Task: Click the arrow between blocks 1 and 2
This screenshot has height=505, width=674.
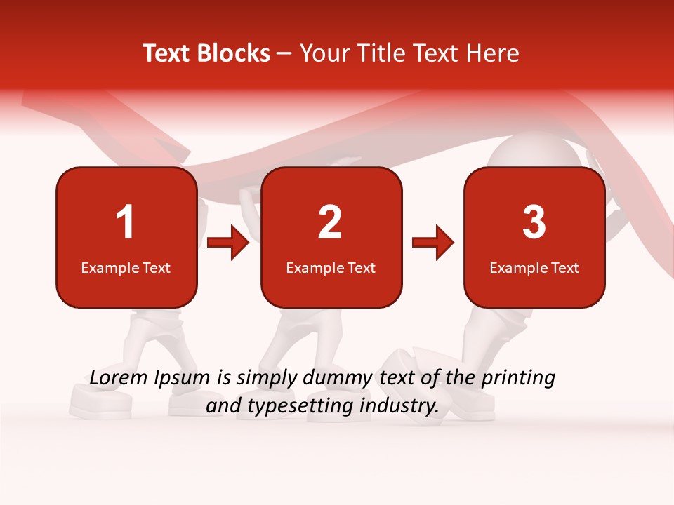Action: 229,243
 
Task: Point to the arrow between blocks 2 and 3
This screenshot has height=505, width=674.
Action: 433,243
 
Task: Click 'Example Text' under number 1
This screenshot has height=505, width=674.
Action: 126,267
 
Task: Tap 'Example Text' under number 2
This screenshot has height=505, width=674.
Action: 331,267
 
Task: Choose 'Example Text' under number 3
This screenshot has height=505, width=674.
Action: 534,267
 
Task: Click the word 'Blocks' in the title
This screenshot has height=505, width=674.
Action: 234,53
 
